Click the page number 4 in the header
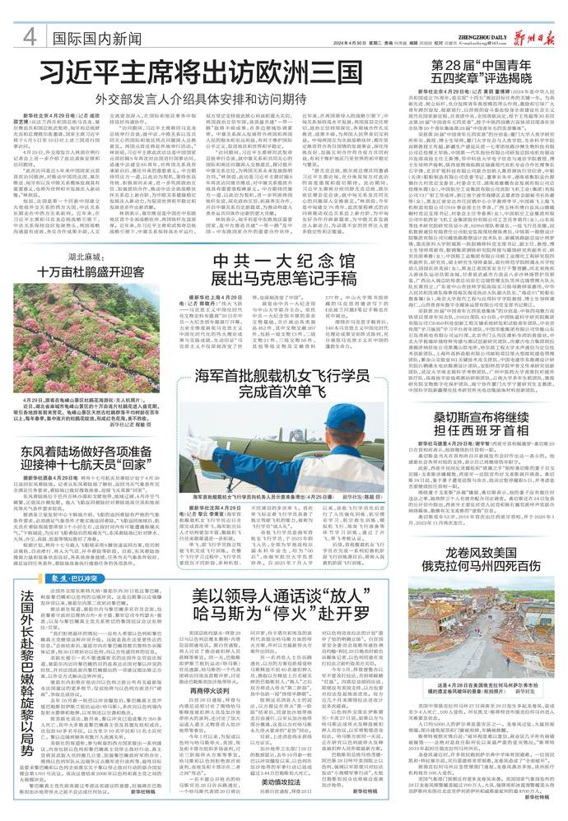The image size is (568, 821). tap(28, 38)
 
